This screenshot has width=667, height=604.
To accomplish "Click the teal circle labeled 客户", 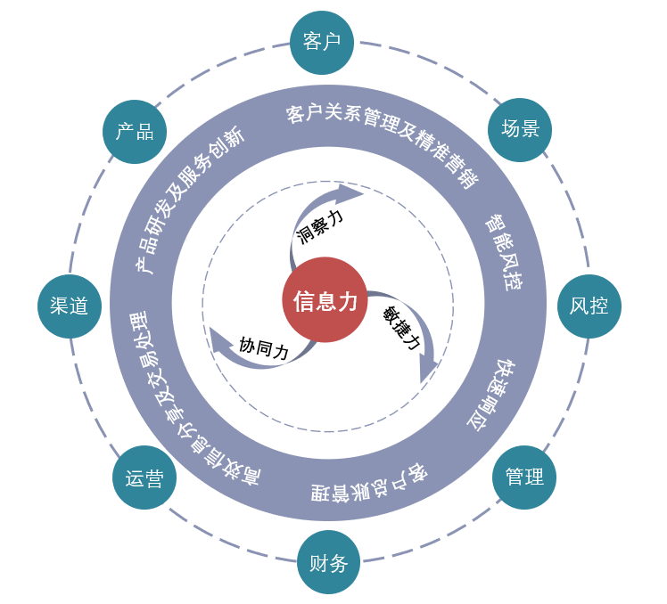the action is [x=322, y=43].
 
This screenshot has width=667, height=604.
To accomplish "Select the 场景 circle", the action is [x=520, y=130].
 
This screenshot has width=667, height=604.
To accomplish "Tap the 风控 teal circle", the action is [x=589, y=306].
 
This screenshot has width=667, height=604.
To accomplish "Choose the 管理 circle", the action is [x=524, y=477].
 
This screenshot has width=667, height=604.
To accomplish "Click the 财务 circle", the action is [x=328, y=562].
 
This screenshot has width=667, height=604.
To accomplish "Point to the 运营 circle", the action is [x=144, y=477].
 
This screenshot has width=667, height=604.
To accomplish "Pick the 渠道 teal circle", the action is [x=70, y=306].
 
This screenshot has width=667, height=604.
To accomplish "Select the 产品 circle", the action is [x=135, y=132].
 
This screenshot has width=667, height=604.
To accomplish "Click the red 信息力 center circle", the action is [x=325, y=299].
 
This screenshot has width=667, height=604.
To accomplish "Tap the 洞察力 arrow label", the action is [x=320, y=226].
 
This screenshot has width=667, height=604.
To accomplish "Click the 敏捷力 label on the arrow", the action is [x=400, y=328].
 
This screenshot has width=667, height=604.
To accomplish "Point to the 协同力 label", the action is [x=264, y=347].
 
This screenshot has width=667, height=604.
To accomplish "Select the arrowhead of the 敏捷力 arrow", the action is [x=428, y=371].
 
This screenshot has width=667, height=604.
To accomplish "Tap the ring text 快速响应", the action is [x=492, y=395].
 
